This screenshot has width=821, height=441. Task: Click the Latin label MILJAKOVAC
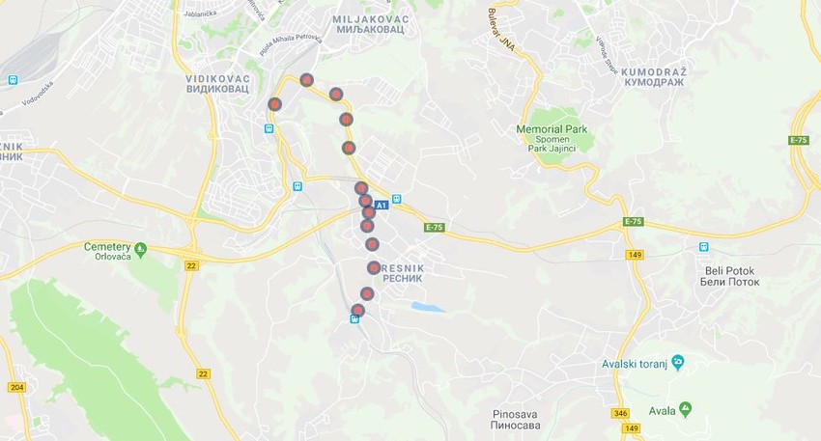tap(370, 19)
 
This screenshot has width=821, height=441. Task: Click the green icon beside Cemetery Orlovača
tap(141, 250)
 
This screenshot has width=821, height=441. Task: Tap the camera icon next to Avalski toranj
tap(678, 362)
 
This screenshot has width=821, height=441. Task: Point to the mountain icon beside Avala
tap(685, 409)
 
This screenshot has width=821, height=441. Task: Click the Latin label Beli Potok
tap(729, 270)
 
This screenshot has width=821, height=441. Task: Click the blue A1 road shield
tap(381, 205)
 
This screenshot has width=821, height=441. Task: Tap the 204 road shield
tap(16, 387)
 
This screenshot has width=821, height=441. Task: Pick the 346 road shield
tap(619, 413)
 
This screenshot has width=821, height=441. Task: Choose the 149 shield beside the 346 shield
tap(631, 427)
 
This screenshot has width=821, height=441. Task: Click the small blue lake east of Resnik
tap(427, 308)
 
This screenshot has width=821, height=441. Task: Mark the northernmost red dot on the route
tap(306, 80)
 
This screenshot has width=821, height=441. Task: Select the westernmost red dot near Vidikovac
tap(274, 103)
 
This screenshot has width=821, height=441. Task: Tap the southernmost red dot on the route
tap(357, 310)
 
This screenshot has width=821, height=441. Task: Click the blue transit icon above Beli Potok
tap(703, 246)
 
